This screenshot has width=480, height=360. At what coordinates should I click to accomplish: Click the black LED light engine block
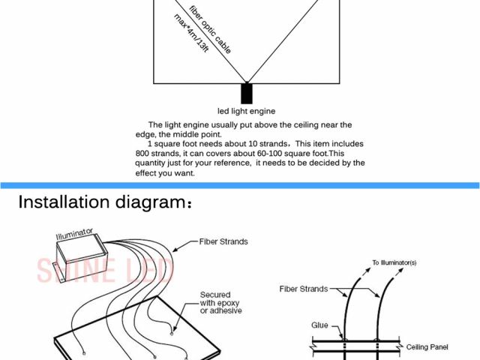coord(247,94)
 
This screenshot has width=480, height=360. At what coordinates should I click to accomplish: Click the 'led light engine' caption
coord(246,112)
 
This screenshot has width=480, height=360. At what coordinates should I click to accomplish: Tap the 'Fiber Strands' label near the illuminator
coord(223,241)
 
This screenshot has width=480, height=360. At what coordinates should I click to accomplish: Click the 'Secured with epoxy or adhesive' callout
coord(220,302)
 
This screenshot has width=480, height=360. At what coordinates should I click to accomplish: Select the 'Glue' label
coord(320,325)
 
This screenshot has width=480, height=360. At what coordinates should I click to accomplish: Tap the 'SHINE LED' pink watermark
coord(105,269)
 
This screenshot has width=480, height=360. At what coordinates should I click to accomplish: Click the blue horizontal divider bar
coord(240,185)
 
